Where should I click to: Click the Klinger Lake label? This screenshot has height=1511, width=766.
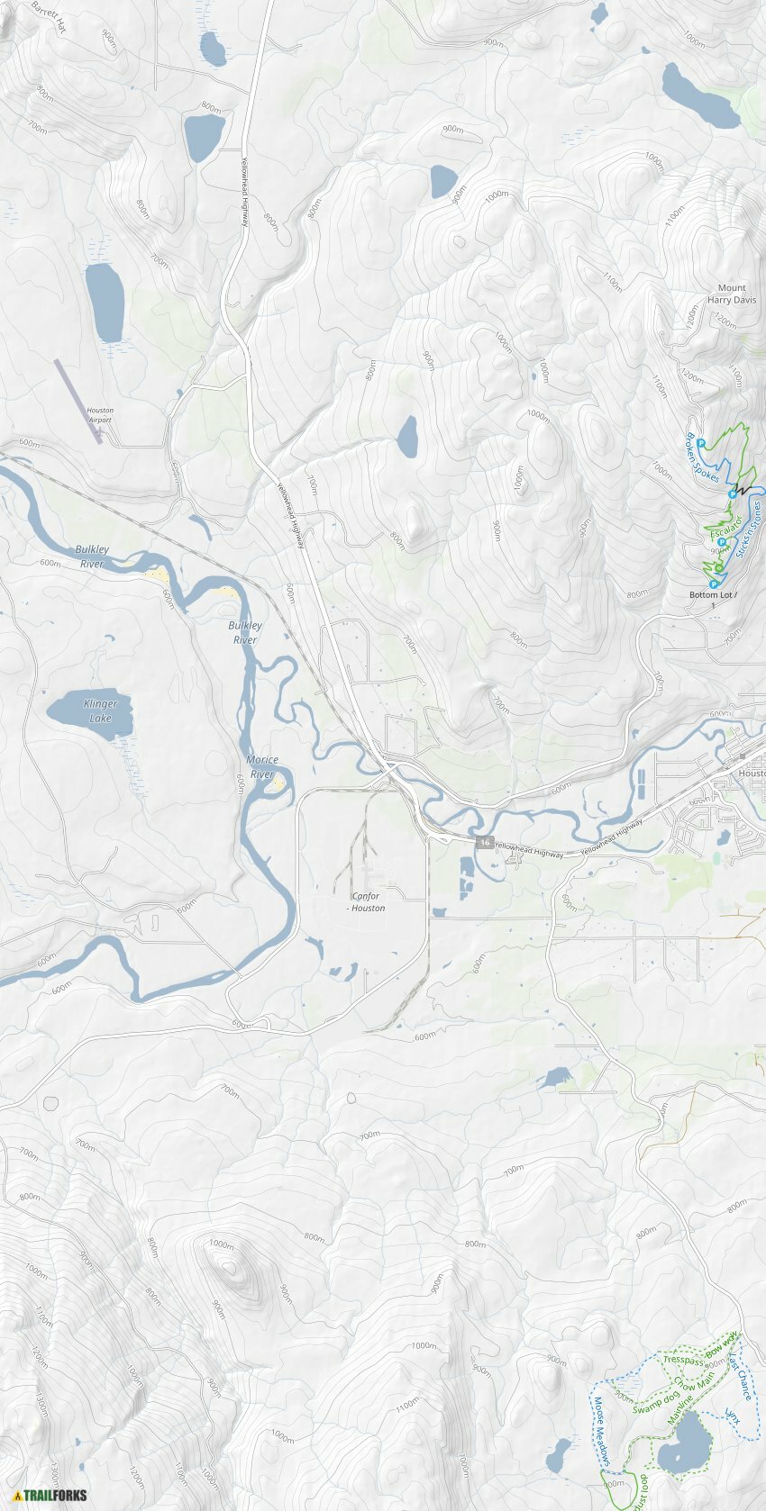pyautogui.click(x=100, y=711)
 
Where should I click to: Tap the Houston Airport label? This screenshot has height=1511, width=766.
pyautogui.click(x=100, y=415)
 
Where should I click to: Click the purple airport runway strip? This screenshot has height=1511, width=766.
pyautogui.click(x=78, y=402)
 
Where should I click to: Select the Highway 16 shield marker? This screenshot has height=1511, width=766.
pyautogui.click(x=486, y=842)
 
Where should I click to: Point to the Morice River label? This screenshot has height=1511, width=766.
pyautogui.click(x=262, y=766)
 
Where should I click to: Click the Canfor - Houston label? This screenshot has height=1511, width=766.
pyautogui.click(x=366, y=902)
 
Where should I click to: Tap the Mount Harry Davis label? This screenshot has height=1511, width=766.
pyautogui.click(x=732, y=294)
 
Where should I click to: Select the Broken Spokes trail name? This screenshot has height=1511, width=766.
pyautogui.click(x=703, y=457)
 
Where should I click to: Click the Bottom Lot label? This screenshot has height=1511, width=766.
pyautogui.click(x=712, y=595)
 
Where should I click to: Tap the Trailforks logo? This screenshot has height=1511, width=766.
pyautogui.click(x=50, y=1496)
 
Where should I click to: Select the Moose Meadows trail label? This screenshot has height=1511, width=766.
pyautogui.click(x=602, y=1430)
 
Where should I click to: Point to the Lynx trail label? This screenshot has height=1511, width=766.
pyautogui.click(x=733, y=1417)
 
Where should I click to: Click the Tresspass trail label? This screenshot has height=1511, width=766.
pyautogui.click(x=682, y=1361)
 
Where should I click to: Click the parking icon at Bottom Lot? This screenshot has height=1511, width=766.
pyautogui.click(x=713, y=584)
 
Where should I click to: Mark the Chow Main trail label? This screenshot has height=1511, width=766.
pyautogui.click(x=694, y=1380)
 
